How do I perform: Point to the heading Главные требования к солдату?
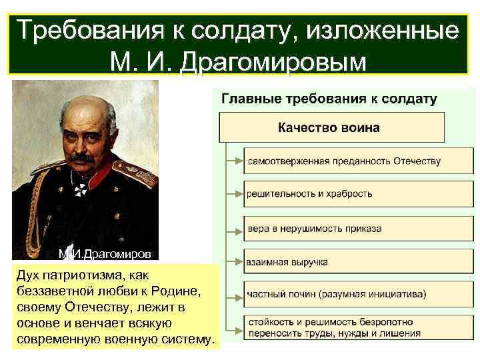click(329, 99)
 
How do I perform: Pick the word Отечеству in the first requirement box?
click(412, 161)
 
